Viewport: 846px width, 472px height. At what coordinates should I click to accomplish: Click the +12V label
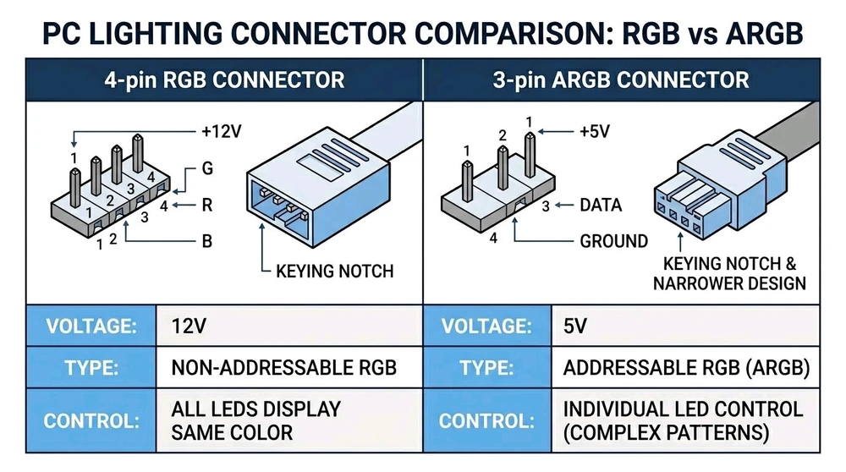click(x=221, y=131)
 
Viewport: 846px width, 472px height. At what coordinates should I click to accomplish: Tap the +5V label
click(x=595, y=131)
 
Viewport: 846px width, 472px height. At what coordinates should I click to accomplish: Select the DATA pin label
click(x=601, y=205)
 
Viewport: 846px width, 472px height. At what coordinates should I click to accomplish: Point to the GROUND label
click(x=613, y=241)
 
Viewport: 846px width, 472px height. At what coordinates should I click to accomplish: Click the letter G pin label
click(x=207, y=168)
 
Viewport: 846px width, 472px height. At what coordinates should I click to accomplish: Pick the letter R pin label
click(x=206, y=205)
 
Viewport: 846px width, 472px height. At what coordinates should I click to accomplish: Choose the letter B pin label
click(x=206, y=241)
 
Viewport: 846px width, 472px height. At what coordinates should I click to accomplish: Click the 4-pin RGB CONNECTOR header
click(x=224, y=80)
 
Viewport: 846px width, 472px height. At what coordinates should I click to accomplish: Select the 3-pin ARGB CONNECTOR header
click(x=621, y=80)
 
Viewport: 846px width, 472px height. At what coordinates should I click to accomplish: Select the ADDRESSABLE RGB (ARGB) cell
click(x=686, y=368)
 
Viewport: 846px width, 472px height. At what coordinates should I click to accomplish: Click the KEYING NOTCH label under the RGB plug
click(x=334, y=271)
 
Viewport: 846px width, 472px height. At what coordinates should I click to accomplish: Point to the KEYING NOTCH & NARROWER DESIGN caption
click(x=729, y=273)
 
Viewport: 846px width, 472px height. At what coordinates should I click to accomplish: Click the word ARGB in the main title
click(x=764, y=34)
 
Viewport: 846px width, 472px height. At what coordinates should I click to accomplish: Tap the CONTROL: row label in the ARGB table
click(x=486, y=421)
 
